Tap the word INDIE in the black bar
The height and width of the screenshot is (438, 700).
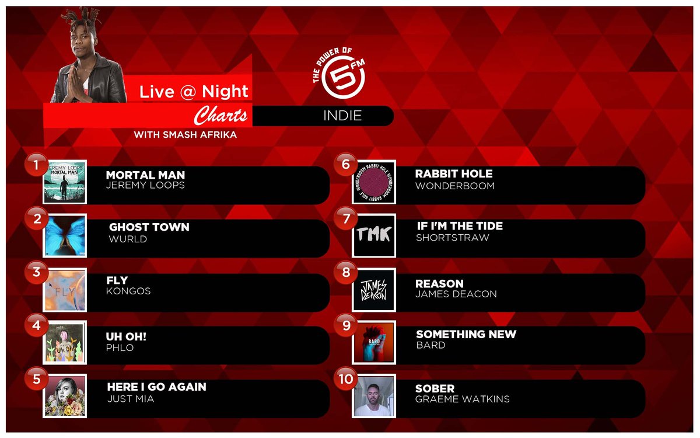pos(342,116)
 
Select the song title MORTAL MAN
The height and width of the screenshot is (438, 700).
pos(145,175)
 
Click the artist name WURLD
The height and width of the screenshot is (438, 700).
pos(128,239)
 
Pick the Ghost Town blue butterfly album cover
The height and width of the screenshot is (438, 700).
pos(65,235)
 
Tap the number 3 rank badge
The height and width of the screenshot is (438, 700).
pos(37,272)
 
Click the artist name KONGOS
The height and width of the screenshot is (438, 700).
pos(128,291)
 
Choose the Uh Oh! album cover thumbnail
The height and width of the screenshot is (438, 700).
pos(65,342)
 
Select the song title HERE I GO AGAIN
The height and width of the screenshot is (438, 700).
pos(156,387)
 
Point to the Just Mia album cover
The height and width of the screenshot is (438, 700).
pos(65,396)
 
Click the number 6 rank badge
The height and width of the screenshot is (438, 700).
pos(345,165)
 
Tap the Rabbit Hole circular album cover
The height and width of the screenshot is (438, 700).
pos(374,182)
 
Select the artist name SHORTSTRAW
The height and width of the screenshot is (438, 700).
pos(452,238)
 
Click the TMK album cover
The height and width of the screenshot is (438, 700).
pos(374,235)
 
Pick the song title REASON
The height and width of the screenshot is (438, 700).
pos(439,283)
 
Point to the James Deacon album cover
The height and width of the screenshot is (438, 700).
pos(374,289)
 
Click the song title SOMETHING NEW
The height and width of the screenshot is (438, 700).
pos(466,334)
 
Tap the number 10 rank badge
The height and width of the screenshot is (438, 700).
pos(345,379)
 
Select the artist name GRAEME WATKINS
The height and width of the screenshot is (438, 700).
pos(462,399)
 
